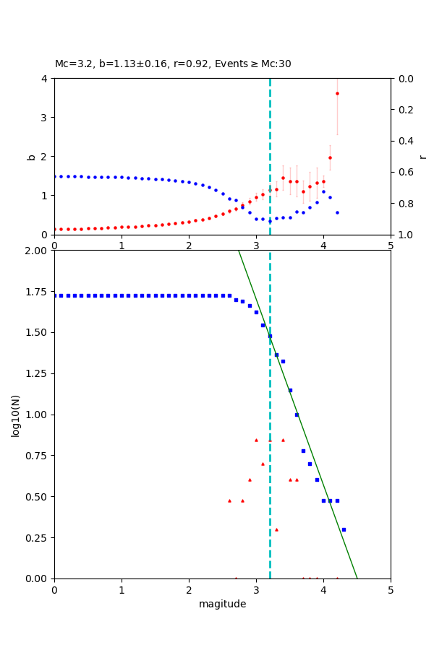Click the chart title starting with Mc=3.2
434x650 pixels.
(x=173, y=64)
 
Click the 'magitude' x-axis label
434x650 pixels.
(x=222, y=604)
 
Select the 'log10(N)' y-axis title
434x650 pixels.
(x=15, y=415)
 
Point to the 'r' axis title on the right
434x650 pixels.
(x=422, y=156)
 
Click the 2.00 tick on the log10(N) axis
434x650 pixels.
(x=38, y=251)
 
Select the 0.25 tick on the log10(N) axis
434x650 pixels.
(x=38, y=537)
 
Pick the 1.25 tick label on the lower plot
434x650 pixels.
(x=38, y=373)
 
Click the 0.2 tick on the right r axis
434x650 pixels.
(x=405, y=110)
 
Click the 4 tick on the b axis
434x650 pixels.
(x=45, y=79)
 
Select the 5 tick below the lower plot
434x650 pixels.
(x=391, y=589)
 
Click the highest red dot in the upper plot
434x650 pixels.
(x=337, y=93)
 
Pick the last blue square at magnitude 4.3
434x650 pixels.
(x=344, y=529)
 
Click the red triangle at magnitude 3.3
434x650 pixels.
(x=276, y=529)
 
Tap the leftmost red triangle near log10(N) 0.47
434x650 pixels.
(x=229, y=500)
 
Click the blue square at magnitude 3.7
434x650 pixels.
(x=303, y=451)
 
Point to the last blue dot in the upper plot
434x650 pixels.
(x=337, y=212)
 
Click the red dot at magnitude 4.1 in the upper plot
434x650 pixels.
(x=330, y=157)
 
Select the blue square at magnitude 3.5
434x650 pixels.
(x=290, y=390)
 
